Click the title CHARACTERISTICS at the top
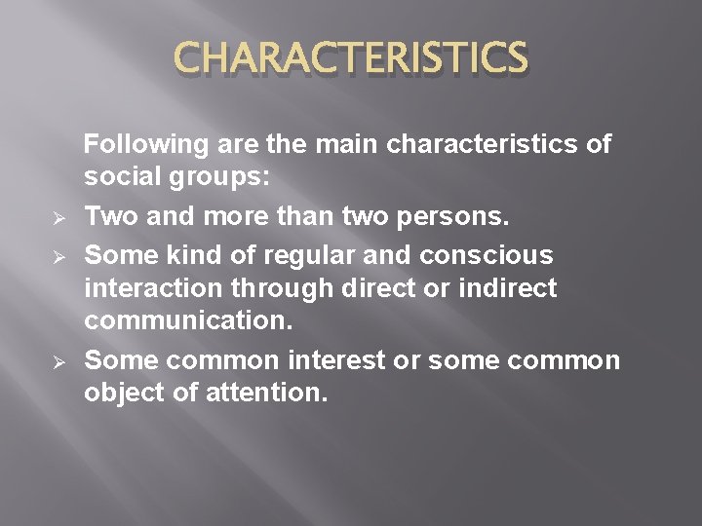pyautogui.click(x=351, y=57)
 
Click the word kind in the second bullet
pyautogui.click(x=196, y=254)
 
